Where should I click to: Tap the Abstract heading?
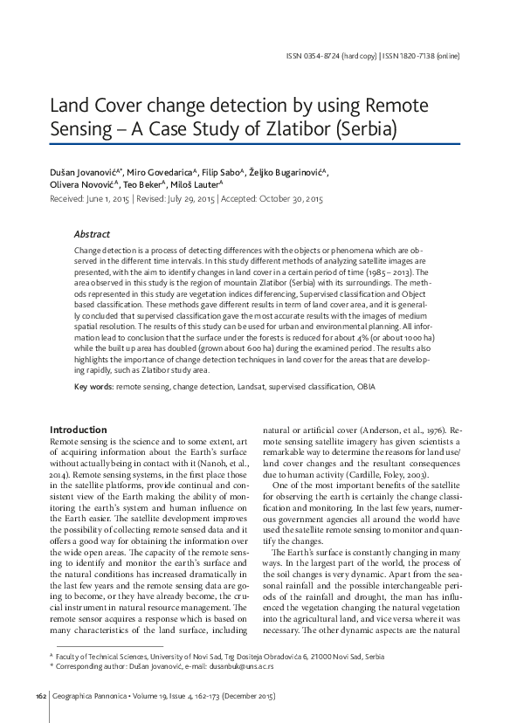[x=92, y=235]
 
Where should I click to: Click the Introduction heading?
[x=79, y=430]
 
